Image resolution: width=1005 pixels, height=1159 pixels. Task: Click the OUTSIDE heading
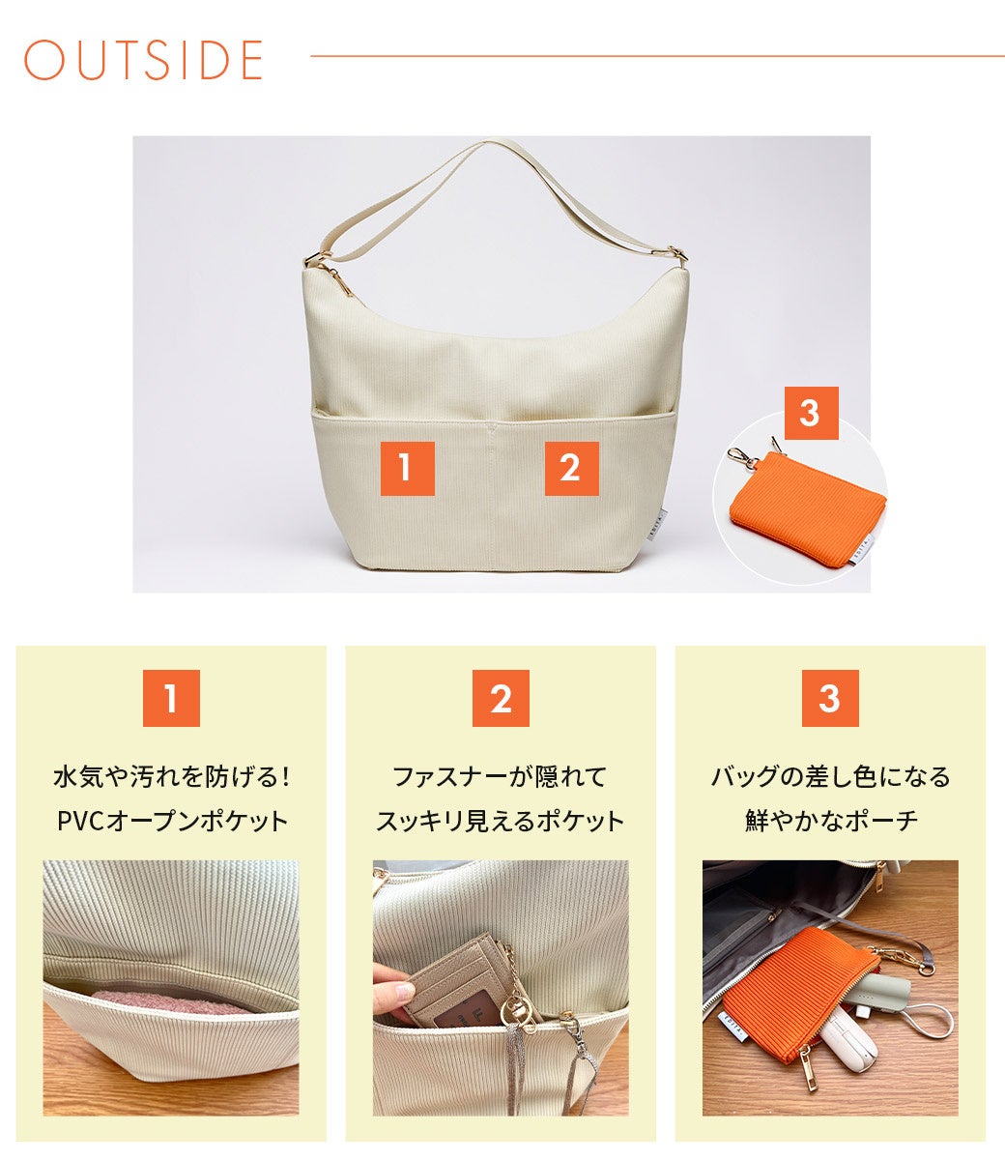pos(143,59)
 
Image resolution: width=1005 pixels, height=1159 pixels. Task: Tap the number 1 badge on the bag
pos(407,468)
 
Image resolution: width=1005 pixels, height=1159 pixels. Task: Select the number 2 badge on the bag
pos(571,468)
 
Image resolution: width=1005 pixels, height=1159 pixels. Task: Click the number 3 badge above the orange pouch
pos(811,413)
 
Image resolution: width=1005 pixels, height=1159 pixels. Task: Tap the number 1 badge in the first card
pos(171,698)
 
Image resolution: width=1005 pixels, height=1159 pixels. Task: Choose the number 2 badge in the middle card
pos(501,698)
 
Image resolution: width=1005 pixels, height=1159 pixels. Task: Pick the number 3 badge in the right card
pos(831,698)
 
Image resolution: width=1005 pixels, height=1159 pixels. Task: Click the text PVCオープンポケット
pos(172,822)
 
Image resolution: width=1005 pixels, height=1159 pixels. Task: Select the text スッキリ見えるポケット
pos(501,822)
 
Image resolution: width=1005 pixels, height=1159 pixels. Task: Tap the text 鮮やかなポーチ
pos(831,822)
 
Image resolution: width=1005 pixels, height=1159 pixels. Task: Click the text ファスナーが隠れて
pos(501,777)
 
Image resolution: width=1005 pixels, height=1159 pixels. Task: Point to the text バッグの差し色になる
pos(831,777)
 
